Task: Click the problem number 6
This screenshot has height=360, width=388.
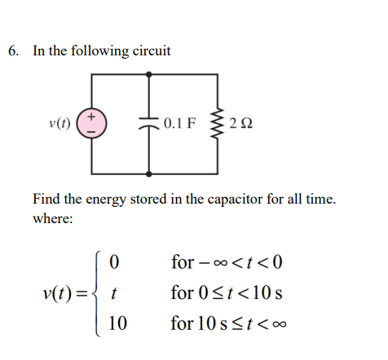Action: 13,50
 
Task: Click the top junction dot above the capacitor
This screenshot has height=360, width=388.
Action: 149,75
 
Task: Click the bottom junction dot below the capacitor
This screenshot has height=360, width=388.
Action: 149,173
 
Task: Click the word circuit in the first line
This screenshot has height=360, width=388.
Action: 151,50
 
